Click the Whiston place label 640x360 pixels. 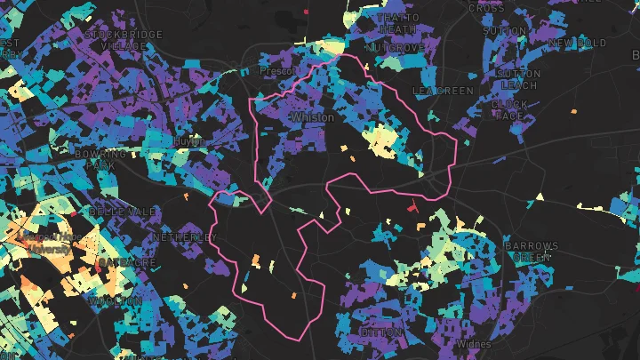coord(312,117)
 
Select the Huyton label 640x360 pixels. coord(189,141)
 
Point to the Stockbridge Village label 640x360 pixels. coord(124,39)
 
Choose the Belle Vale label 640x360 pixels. coord(115,212)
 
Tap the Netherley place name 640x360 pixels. coord(184,238)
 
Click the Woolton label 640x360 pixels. coord(116,301)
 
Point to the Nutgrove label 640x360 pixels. coord(397,47)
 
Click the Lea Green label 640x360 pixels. coord(443,91)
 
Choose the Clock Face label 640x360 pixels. coord(509,110)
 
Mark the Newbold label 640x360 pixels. coord(578,43)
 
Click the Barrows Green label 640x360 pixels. coord(531,252)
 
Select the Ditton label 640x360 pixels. coord(381,332)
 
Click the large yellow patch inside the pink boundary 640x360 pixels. coord(383,140)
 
